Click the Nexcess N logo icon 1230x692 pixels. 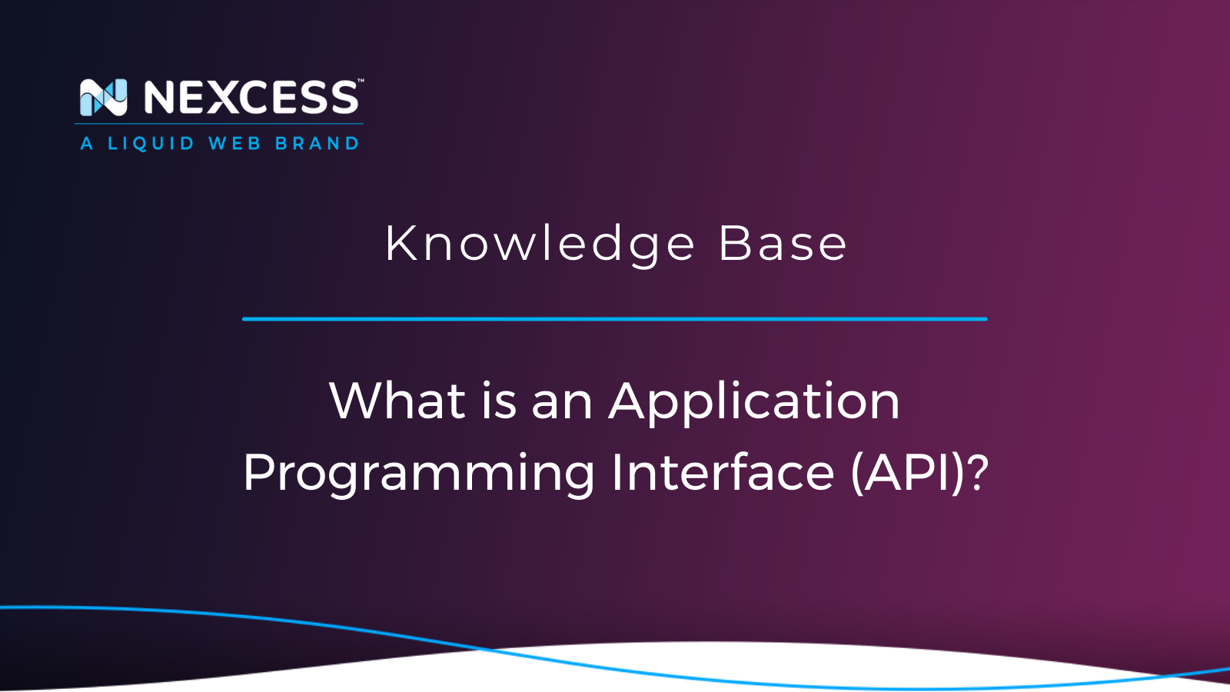(103, 98)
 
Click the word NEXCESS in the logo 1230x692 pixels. (251, 98)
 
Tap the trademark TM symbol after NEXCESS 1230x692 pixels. (361, 81)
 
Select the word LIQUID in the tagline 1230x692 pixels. (151, 144)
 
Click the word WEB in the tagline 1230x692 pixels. (234, 144)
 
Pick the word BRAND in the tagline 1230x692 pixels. (317, 144)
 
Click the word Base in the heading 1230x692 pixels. (782, 245)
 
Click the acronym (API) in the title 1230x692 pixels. (908, 472)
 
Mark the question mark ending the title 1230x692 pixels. (979, 472)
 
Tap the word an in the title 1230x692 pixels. (562, 403)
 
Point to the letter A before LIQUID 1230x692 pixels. (87, 144)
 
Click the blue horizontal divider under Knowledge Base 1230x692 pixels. (615, 318)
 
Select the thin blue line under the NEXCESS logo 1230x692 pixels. (219, 124)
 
